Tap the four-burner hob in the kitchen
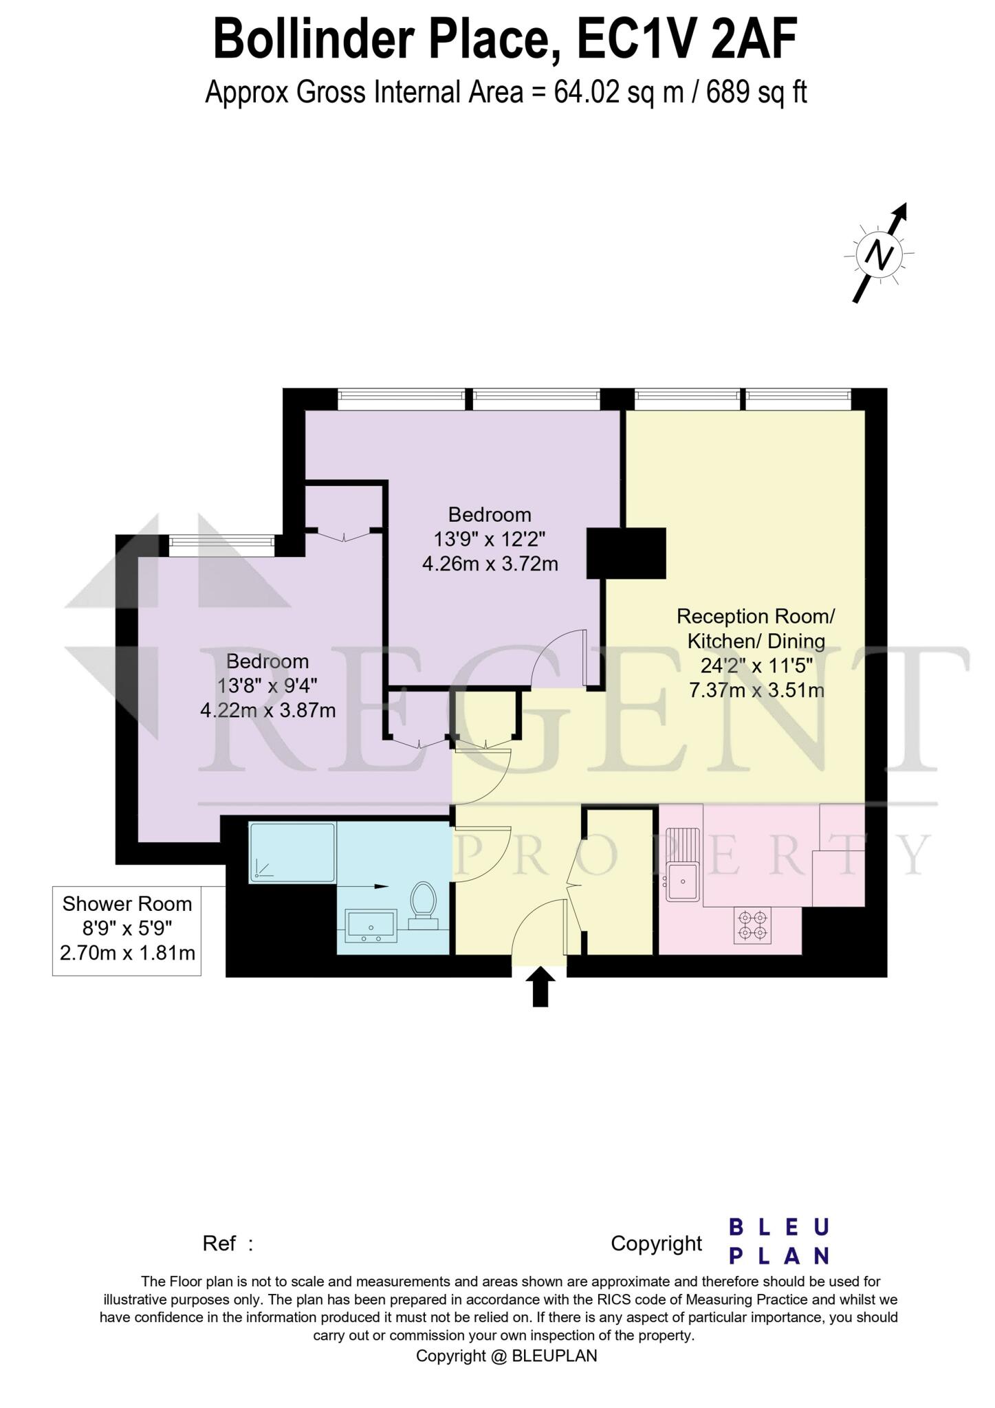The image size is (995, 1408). click(752, 925)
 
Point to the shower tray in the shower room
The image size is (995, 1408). click(292, 852)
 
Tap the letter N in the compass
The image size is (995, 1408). click(879, 255)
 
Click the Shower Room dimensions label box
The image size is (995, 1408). click(127, 929)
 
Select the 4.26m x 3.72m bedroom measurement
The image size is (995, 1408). click(490, 564)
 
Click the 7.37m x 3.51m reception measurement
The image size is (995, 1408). click(756, 690)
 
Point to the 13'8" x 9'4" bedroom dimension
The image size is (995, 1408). click(267, 685)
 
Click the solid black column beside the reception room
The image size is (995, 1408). click(626, 553)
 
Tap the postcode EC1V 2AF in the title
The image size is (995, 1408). click(687, 40)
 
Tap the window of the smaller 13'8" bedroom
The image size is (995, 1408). click(221, 546)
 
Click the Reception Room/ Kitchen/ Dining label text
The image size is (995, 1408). click(756, 628)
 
